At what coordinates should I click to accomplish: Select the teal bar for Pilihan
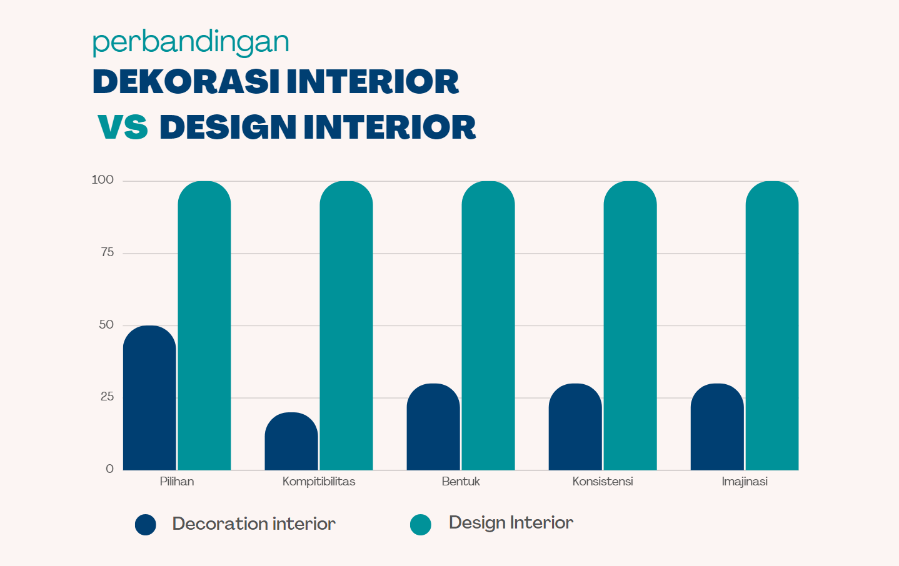[204, 325]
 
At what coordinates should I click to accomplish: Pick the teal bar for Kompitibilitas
[346, 325]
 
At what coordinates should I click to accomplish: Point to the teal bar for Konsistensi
[630, 325]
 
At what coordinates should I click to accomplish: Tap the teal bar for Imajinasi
[772, 325]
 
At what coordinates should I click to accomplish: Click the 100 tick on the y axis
[103, 180]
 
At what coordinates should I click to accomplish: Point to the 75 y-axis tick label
[107, 252]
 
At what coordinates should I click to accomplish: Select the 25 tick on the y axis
[107, 397]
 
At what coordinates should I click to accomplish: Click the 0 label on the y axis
[110, 469]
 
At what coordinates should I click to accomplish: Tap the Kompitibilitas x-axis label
[319, 482]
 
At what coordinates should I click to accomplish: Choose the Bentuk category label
[461, 482]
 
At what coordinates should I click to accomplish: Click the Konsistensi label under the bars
[603, 482]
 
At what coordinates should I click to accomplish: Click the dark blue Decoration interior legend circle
[146, 525]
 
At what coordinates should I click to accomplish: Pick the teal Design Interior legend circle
[421, 525]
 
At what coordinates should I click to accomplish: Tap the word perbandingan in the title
[191, 42]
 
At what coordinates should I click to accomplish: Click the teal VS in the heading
[123, 127]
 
